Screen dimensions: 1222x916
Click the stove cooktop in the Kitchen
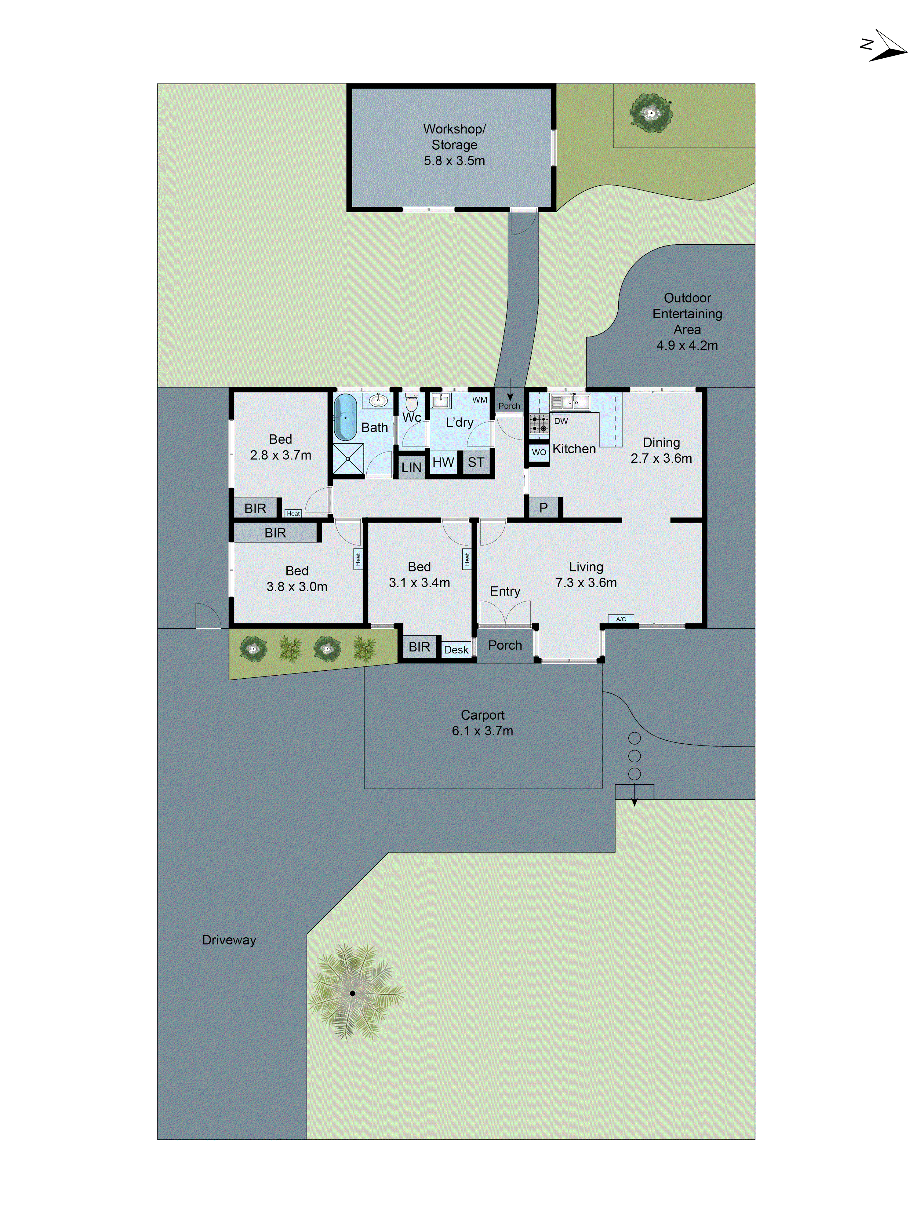(x=539, y=424)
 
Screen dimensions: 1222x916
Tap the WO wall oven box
(x=538, y=452)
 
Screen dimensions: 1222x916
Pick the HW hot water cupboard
(x=443, y=462)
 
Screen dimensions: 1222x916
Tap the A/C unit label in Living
(x=621, y=619)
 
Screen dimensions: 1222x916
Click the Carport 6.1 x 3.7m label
(x=482, y=723)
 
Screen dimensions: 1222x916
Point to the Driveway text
(x=229, y=940)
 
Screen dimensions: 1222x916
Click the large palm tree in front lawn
(x=352, y=993)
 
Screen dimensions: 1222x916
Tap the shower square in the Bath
(x=348, y=458)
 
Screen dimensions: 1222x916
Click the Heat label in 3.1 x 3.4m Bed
(x=467, y=559)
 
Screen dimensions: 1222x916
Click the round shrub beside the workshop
(x=652, y=113)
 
